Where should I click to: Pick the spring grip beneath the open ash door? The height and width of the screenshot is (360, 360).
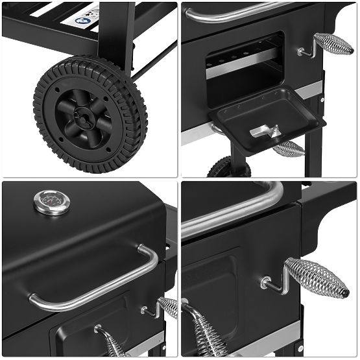(x=288, y=150)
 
